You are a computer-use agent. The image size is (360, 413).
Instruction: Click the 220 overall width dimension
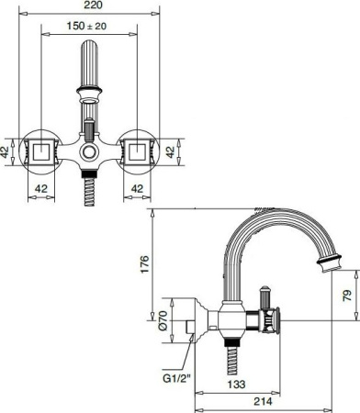88,8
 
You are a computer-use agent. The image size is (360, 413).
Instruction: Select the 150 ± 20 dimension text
88,28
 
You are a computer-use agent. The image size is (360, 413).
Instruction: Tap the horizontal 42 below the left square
39,187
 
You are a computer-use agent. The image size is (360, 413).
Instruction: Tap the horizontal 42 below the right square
137,187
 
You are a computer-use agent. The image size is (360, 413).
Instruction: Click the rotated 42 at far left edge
6,151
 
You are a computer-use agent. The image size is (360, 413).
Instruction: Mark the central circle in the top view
88,151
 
